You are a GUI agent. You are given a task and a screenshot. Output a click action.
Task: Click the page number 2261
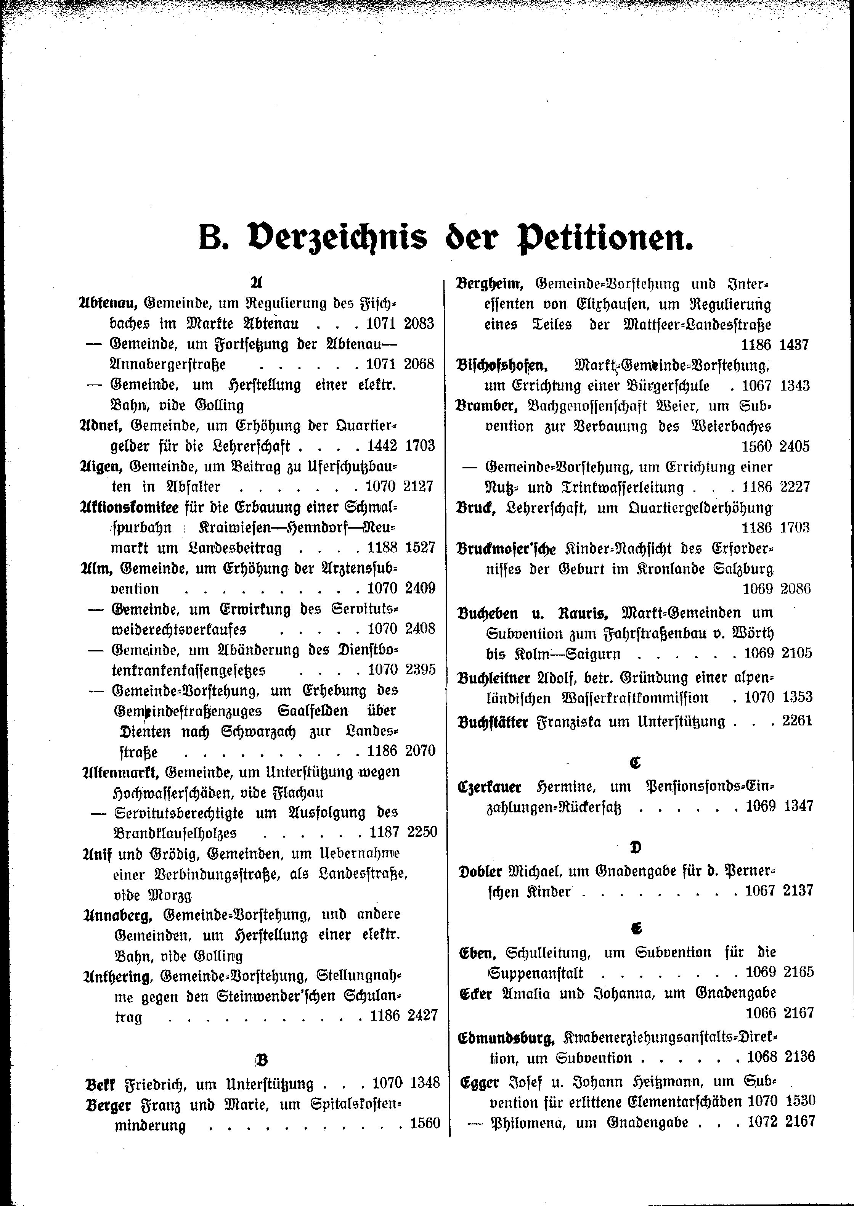pos(797,720)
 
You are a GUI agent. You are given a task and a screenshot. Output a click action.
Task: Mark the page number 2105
pos(797,653)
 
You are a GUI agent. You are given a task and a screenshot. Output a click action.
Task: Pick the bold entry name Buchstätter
pos(493,722)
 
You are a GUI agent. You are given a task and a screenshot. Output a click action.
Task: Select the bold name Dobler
pos(481,872)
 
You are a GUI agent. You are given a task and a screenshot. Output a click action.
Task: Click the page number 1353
pos(797,698)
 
